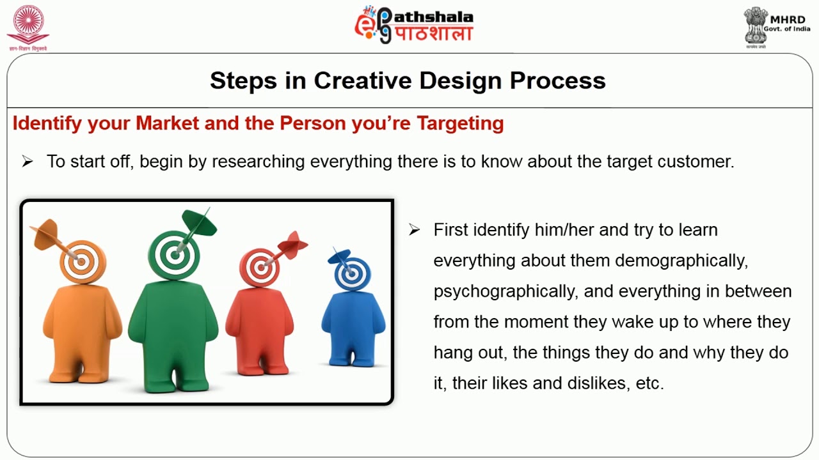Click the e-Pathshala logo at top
[x=413, y=25]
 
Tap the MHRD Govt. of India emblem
[x=776, y=27]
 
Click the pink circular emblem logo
[x=28, y=27]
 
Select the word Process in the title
[x=557, y=80]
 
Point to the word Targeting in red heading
[x=461, y=123]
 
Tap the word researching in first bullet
[x=258, y=162]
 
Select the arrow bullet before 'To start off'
[x=28, y=161]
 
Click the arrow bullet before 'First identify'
[x=414, y=229]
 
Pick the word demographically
[x=681, y=261]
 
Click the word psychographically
[x=505, y=292]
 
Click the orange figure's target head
[x=83, y=261]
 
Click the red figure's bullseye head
[x=260, y=268]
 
